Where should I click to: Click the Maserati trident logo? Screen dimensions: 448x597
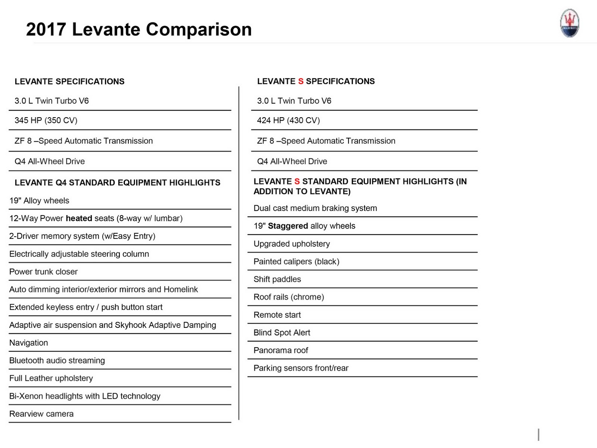click(x=569, y=23)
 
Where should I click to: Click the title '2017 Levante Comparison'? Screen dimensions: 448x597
click(x=139, y=29)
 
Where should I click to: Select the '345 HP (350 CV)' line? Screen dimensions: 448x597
click(x=46, y=120)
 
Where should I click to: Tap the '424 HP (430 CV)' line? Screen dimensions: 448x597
click(x=288, y=120)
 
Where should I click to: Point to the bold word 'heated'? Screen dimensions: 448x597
click(x=79, y=218)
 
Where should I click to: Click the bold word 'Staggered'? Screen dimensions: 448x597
click(x=288, y=226)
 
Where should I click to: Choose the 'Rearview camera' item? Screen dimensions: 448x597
click(x=41, y=414)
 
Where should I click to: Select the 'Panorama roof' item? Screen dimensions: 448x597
click(x=281, y=351)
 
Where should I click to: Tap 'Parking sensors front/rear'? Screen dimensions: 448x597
click(x=301, y=368)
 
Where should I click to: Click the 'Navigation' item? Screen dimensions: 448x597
click(x=29, y=343)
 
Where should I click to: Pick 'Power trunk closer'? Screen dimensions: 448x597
click(x=43, y=272)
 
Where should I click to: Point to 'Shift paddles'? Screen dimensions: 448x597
click(x=277, y=279)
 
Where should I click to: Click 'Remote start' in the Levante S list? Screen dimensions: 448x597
click(x=277, y=315)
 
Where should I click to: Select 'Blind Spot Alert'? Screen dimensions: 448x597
click(x=282, y=333)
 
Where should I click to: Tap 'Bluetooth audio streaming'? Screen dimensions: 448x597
click(x=57, y=361)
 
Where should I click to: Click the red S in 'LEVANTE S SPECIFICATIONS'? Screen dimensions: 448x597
click(x=301, y=81)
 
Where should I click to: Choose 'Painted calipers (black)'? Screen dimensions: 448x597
click(x=296, y=262)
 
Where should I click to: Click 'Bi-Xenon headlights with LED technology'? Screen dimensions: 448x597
click(x=85, y=396)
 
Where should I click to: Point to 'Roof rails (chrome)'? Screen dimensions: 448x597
click(x=289, y=297)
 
